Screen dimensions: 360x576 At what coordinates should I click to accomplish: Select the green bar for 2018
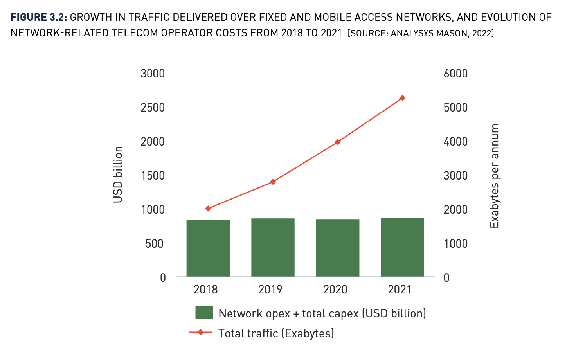coord(208,248)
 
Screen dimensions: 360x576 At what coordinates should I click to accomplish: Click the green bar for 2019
coord(273,248)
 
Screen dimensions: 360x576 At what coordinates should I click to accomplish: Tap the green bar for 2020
coord(338,248)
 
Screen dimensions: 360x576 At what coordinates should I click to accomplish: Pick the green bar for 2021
coord(402,248)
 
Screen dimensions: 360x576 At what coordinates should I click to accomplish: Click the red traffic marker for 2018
coord(208,209)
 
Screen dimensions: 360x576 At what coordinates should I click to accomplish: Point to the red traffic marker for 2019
coord(273,182)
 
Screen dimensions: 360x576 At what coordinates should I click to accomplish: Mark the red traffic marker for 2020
coord(338,142)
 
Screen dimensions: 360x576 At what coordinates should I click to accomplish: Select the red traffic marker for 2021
coord(402,98)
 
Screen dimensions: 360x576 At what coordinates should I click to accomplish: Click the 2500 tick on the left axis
coord(153,108)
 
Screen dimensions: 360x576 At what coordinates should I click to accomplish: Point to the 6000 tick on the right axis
coord(456,74)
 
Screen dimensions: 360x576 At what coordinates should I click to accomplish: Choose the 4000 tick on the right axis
coord(456,142)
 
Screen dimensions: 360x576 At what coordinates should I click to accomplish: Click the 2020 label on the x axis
coord(335,290)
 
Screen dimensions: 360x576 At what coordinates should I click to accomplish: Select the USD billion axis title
coord(118,175)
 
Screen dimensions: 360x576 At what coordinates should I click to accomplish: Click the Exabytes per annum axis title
coord(495,176)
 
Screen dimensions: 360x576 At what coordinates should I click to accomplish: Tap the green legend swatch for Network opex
coord(204,313)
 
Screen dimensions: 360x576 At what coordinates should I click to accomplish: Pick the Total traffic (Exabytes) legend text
coord(276,333)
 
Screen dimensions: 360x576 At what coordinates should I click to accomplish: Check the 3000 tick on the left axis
coord(153,74)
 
